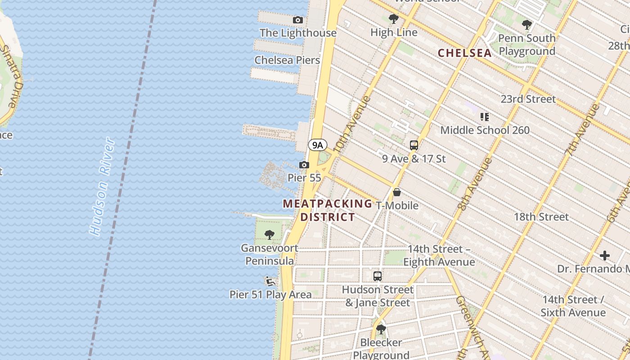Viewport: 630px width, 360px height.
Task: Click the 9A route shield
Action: (x=318, y=145)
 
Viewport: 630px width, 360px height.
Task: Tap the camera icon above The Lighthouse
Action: (x=297, y=20)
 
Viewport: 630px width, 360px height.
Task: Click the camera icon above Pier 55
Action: (x=304, y=165)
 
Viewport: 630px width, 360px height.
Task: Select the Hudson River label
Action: (x=102, y=187)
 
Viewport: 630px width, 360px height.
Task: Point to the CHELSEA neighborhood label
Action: (x=464, y=53)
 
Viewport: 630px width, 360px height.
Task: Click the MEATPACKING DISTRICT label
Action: (x=328, y=210)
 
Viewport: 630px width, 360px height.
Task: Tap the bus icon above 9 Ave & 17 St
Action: (x=414, y=145)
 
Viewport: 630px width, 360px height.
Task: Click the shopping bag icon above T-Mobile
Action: (x=397, y=192)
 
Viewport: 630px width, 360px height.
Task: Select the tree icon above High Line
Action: (x=394, y=19)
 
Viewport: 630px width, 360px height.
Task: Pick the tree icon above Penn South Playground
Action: (x=527, y=25)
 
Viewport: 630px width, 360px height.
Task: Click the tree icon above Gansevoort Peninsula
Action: (x=270, y=234)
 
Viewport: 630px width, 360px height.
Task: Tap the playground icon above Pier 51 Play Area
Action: (x=270, y=282)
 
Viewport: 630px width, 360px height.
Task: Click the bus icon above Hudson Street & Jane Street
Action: (x=378, y=276)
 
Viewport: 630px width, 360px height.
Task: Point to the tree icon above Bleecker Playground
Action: (x=381, y=329)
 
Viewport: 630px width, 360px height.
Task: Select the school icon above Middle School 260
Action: (x=485, y=117)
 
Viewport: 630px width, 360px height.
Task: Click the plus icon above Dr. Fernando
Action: (x=605, y=256)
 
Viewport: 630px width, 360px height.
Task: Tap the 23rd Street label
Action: (x=528, y=99)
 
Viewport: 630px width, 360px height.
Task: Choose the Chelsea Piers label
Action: (x=287, y=60)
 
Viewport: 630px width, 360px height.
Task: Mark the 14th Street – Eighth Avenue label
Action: (x=439, y=255)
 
